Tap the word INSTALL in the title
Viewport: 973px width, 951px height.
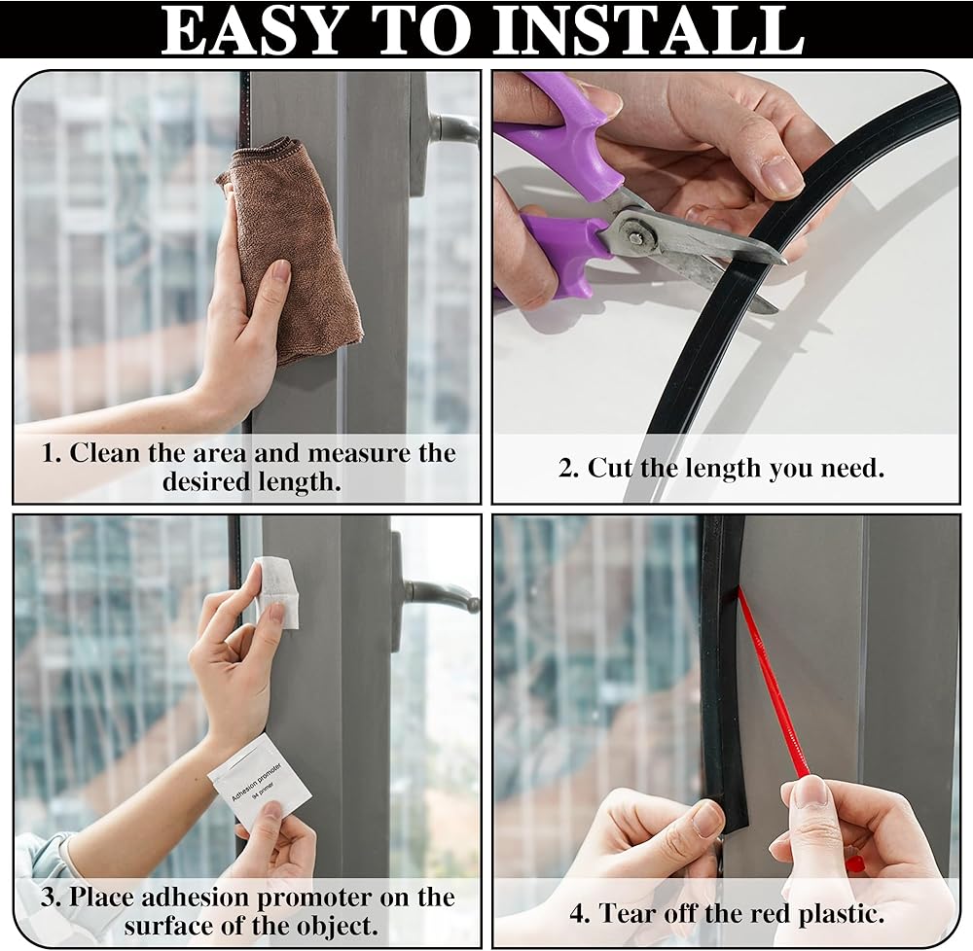tap(648, 30)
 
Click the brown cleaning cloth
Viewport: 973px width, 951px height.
tap(292, 248)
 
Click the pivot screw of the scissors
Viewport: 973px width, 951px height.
tap(636, 233)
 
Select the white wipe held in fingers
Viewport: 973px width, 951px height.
tap(277, 591)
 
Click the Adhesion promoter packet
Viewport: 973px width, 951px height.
tap(259, 782)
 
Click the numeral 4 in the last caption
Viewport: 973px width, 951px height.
tap(578, 914)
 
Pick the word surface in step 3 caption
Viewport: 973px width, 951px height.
tap(167, 926)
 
